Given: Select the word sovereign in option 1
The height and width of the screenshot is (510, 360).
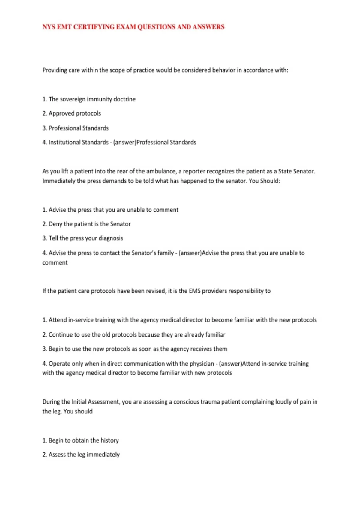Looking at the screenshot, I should click(x=73, y=99).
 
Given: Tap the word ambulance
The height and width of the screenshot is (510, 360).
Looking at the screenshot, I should click(x=161, y=171).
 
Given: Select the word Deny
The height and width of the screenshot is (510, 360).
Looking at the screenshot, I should click(x=55, y=224).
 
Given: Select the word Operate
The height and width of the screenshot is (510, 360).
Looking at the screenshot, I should click(x=59, y=364).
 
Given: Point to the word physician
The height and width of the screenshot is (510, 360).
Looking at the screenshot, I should click(x=202, y=364).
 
